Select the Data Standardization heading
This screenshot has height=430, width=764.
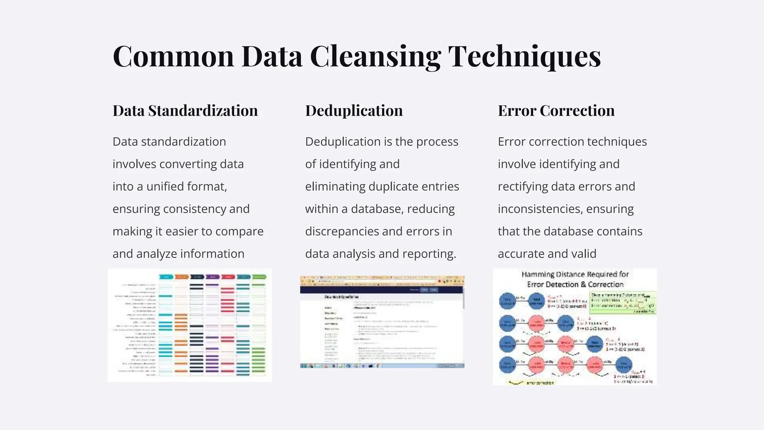(185, 110)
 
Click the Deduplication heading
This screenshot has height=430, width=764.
(354, 110)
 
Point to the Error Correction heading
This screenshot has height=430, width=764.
(556, 110)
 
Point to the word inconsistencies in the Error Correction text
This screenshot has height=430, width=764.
(540, 209)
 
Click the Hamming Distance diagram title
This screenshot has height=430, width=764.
(575, 279)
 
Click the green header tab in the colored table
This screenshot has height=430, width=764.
(259, 277)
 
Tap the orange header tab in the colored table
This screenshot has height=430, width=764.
(182, 277)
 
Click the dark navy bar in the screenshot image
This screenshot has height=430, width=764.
(382, 290)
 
